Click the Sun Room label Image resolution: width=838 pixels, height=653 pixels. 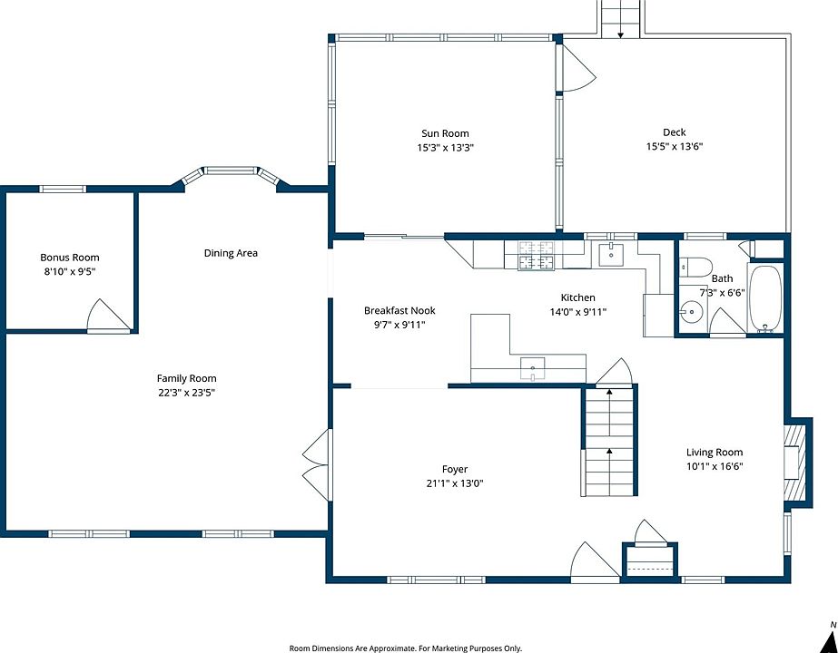[x=445, y=133]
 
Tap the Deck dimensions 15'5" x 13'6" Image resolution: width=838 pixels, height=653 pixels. [x=674, y=146]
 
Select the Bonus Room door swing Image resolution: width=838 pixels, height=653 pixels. [x=108, y=316]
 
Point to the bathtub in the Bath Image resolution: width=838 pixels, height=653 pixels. [x=764, y=299]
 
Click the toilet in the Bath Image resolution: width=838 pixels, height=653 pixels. [x=695, y=267]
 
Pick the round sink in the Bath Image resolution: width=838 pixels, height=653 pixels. [x=693, y=312]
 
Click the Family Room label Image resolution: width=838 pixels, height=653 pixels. [x=186, y=378]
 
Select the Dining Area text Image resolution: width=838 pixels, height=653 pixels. [x=231, y=253]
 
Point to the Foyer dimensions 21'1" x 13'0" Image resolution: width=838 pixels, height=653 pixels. [x=455, y=483]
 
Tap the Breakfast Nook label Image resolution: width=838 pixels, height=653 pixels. [x=399, y=311]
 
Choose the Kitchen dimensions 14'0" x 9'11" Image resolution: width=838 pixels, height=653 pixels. [x=577, y=312]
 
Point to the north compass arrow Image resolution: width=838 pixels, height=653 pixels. [x=830, y=640]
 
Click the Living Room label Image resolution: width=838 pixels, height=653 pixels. [x=715, y=453]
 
